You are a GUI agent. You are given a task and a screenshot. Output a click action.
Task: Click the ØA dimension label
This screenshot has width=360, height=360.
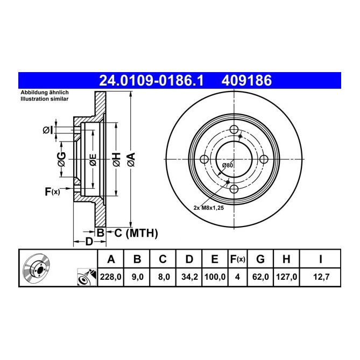131,159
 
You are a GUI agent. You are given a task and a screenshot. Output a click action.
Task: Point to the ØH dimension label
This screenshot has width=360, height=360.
116,159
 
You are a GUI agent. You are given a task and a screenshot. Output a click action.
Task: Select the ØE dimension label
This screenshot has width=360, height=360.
93,159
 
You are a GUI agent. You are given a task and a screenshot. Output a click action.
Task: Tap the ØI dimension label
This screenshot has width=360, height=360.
48,130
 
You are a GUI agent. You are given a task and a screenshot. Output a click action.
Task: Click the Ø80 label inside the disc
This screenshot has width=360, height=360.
228,165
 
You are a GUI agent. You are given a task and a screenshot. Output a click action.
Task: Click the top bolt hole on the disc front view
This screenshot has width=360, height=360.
234,130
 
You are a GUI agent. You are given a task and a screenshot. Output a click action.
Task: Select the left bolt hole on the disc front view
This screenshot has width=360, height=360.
204,159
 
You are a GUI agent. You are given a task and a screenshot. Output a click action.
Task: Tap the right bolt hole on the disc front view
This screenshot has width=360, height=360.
264,159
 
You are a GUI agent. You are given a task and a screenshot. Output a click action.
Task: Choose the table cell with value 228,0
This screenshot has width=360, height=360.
111,279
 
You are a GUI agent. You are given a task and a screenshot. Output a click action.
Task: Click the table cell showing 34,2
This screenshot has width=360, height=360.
188,279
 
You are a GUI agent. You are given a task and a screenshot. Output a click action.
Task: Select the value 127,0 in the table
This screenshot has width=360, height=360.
286,279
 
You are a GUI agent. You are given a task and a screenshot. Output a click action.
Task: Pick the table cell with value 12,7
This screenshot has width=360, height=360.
320,279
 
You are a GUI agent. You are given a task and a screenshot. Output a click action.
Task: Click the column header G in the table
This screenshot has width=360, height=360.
260,260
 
